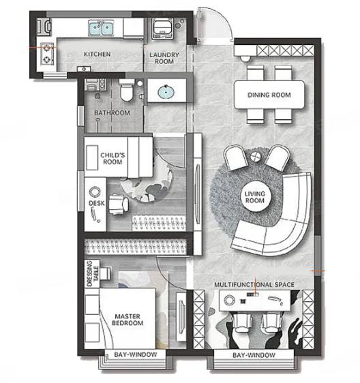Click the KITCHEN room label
[97, 54]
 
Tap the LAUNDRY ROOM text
[164, 58]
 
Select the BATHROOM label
[112, 113]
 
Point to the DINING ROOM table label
[269, 95]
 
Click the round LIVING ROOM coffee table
[255, 197]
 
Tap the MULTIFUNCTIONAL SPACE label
[254, 285]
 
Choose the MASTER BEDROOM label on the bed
[127, 320]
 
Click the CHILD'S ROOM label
[112, 158]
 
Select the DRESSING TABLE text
[93, 273]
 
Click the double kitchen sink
[101, 28]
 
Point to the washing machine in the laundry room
[162, 29]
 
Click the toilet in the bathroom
[127, 90]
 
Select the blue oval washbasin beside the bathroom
[166, 92]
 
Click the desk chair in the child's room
[118, 204]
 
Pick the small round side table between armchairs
[256, 157]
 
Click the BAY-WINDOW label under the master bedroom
[136, 354]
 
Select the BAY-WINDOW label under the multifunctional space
[254, 355]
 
